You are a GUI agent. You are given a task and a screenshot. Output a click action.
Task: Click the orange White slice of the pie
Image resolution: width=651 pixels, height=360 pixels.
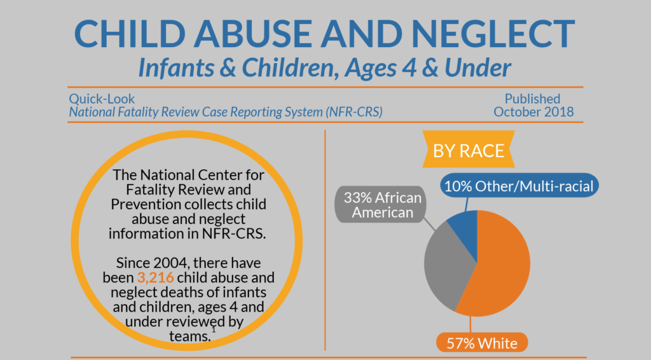pyautogui.click(x=499, y=267)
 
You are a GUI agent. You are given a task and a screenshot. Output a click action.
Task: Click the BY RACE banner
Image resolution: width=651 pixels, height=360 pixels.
pyautogui.click(x=469, y=151)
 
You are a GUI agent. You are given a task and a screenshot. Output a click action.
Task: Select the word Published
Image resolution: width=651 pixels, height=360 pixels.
pyautogui.click(x=532, y=99)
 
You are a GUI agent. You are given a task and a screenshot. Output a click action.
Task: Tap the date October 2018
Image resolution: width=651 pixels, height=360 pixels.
pyautogui.click(x=533, y=112)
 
